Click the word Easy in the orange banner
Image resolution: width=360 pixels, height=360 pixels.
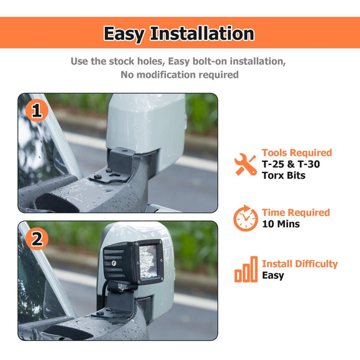pos(124,34)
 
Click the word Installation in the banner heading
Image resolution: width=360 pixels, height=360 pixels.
pos(202,33)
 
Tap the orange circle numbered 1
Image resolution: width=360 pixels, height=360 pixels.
pos(37,111)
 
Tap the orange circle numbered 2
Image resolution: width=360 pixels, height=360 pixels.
pos(37,239)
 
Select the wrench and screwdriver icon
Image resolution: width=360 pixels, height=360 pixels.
pos(246,164)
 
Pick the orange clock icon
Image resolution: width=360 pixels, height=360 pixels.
pos(246,218)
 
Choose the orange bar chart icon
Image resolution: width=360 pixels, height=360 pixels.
pos(246,269)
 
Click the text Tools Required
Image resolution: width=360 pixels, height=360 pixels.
pos(297,153)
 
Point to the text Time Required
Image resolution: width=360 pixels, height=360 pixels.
pos(295,213)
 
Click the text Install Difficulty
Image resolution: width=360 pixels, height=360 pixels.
pos(300,264)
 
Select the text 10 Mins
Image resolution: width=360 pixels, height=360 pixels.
pos(281,224)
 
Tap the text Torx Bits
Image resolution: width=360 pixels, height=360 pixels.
pos(284,176)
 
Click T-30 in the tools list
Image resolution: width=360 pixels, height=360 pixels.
pos(308,164)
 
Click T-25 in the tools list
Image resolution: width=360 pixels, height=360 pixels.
pos(273,164)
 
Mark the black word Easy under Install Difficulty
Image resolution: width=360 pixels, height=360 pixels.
pos(273,276)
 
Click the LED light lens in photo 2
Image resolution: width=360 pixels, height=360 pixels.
pos(148,261)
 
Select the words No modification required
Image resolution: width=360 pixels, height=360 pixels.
pos(179,75)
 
